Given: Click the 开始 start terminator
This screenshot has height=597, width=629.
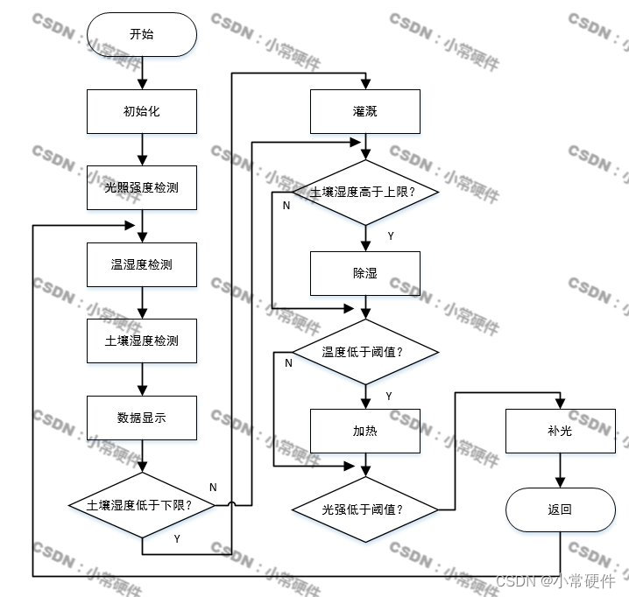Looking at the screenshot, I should [x=141, y=34].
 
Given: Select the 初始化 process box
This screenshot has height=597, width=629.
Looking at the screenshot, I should [x=141, y=111].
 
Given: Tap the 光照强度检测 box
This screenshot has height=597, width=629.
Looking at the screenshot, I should [x=141, y=187].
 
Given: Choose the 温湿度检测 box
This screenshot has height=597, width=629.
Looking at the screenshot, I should [x=141, y=263].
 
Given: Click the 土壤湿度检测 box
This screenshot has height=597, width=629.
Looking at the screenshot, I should [x=141, y=341].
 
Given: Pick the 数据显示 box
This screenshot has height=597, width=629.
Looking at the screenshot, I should [x=141, y=418].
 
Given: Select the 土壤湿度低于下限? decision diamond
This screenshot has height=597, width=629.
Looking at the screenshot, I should [x=141, y=505].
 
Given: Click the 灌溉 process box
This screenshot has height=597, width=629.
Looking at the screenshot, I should [x=364, y=111].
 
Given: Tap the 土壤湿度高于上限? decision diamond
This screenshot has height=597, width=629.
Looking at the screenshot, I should [x=364, y=191].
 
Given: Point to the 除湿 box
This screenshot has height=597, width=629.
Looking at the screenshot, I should [x=364, y=273].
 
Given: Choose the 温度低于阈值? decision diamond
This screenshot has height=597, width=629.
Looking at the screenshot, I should [x=364, y=352].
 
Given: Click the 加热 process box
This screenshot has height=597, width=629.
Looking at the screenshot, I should [x=364, y=431].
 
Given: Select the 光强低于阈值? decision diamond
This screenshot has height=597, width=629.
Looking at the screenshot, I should [x=364, y=508].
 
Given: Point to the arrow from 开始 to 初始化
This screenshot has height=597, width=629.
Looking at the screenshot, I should [x=141, y=73].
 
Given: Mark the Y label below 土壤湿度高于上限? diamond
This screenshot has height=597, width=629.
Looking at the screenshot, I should [x=390, y=235].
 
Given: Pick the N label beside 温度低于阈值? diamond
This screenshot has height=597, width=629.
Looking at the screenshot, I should [x=288, y=363].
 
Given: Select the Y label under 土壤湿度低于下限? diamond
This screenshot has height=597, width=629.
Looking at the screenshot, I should [x=176, y=538].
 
